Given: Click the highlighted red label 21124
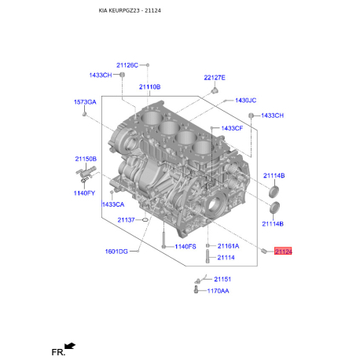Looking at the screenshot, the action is point(283,252).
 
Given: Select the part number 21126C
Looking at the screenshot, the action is point(127,65).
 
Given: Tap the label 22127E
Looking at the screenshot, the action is point(215,78).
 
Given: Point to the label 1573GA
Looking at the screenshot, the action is point(85,102).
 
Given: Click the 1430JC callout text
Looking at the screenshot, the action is point(245,101).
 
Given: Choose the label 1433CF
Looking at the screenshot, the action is point(232,128).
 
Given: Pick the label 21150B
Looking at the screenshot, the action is point(86,159).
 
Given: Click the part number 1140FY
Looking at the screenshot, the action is point(84,193).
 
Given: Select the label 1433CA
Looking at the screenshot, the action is point(113,204).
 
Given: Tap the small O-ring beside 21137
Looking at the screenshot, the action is point(145,219).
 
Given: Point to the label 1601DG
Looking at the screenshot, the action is point(116,252).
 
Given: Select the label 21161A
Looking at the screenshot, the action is point(228,246).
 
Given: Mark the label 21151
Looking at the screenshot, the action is point(222,279).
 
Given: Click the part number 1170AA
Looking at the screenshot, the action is point(218,291).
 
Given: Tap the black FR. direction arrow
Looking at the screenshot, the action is point(70,346).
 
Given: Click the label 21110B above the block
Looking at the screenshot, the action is point(149,86).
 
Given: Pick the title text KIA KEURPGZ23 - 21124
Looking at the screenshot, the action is point(130,11).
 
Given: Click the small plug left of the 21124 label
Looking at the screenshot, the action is point(264,251).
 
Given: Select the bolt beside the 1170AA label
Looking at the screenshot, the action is point(196,290).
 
